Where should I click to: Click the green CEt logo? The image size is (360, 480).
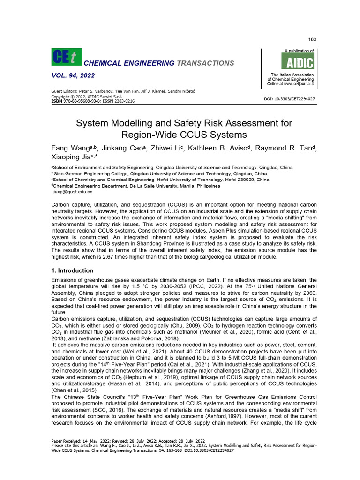[x=66, y=57]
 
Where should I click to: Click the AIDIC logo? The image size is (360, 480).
[x=297, y=61]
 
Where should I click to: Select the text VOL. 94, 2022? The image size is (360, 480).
[x=72, y=75]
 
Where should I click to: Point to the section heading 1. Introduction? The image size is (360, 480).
[x=72, y=270]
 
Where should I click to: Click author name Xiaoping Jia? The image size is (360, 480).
[x=70, y=158]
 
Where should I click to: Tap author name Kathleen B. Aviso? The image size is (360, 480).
[x=211, y=149]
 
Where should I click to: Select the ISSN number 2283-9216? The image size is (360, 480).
[x=124, y=101]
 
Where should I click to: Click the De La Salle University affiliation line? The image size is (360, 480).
[x=135, y=186]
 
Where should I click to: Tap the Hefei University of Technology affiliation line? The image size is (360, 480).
[x=160, y=179]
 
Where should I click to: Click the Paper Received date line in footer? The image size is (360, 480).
[x=128, y=441]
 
